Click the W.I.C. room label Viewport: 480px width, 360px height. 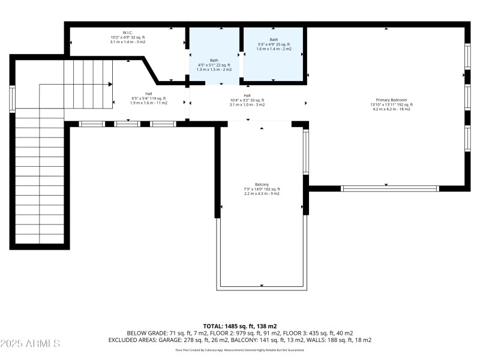point(127,33)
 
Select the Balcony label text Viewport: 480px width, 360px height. point(262,184)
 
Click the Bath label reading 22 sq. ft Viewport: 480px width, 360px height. point(214,61)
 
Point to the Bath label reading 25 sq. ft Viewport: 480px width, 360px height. point(274,40)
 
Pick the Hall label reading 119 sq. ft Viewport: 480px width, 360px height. point(148,94)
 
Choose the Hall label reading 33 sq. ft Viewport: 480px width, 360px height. point(247,95)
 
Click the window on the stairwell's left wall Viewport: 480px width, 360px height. point(12,99)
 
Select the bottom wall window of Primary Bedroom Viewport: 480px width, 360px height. point(390,188)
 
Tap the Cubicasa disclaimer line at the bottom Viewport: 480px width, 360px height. point(239,350)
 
